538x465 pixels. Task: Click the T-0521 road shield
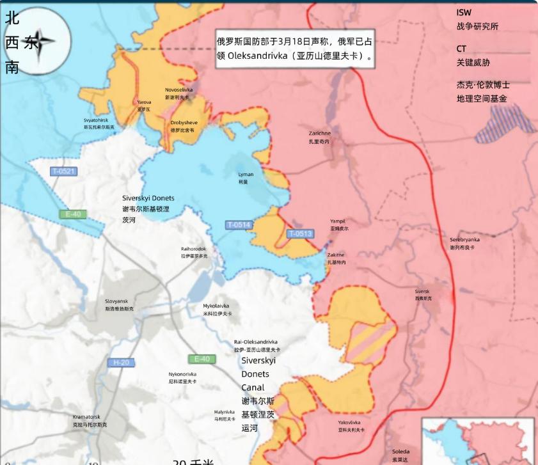(x=64, y=171)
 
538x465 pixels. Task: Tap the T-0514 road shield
(x=239, y=225)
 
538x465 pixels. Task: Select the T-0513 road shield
(x=299, y=233)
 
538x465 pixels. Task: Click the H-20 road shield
(x=121, y=363)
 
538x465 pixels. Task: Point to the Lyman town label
(x=246, y=178)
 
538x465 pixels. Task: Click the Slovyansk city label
(x=117, y=304)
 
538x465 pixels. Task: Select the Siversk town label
(x=422, y=295)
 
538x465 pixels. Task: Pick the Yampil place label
(x=338, y=225)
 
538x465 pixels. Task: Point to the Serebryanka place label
(x=464, y=243)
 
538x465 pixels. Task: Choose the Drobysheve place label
(x=184, y=126)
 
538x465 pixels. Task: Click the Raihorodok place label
(x=194, y=252)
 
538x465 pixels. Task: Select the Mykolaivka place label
(x=216, y=310)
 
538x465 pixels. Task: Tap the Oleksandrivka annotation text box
(x=295, y=49)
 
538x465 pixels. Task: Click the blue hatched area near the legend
(x=512, y=120)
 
